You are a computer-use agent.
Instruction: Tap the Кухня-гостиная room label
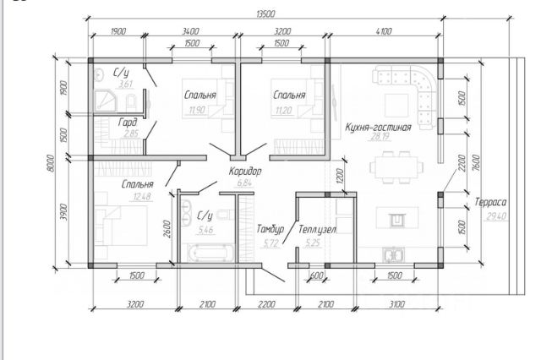click(378, 128)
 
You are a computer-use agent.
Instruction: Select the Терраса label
click(489, 203)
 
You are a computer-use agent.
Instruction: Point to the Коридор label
click(245, 171)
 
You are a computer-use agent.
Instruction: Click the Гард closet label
click(128, 122)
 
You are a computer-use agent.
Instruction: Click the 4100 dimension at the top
click(383, 31)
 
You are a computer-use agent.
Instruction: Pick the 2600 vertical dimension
click(169, 229)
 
